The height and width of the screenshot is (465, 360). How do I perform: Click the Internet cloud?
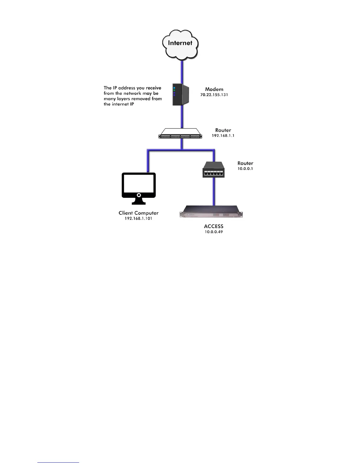point(180,44)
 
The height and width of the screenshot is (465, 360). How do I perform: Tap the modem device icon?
point(180,95)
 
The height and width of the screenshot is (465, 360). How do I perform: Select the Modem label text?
point(214,89)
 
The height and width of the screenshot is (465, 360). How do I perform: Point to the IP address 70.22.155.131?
point(214,95)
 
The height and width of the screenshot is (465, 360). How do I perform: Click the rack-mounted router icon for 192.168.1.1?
point(180,134)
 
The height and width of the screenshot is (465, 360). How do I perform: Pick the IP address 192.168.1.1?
point(223,136)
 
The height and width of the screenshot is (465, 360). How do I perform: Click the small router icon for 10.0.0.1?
point(214,170)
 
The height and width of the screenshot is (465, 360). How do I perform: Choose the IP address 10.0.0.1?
point(245,169)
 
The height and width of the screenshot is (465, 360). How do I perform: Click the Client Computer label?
point(139,213)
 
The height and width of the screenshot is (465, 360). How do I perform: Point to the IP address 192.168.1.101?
point(138,218)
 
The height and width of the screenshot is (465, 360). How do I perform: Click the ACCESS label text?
point(214,226)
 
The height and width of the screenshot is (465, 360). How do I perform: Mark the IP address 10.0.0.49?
point(214,232)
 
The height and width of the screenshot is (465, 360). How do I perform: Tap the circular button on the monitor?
point(139,195)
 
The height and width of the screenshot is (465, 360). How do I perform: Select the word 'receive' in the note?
point(154,88)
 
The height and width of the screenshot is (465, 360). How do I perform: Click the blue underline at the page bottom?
point(58,462)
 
